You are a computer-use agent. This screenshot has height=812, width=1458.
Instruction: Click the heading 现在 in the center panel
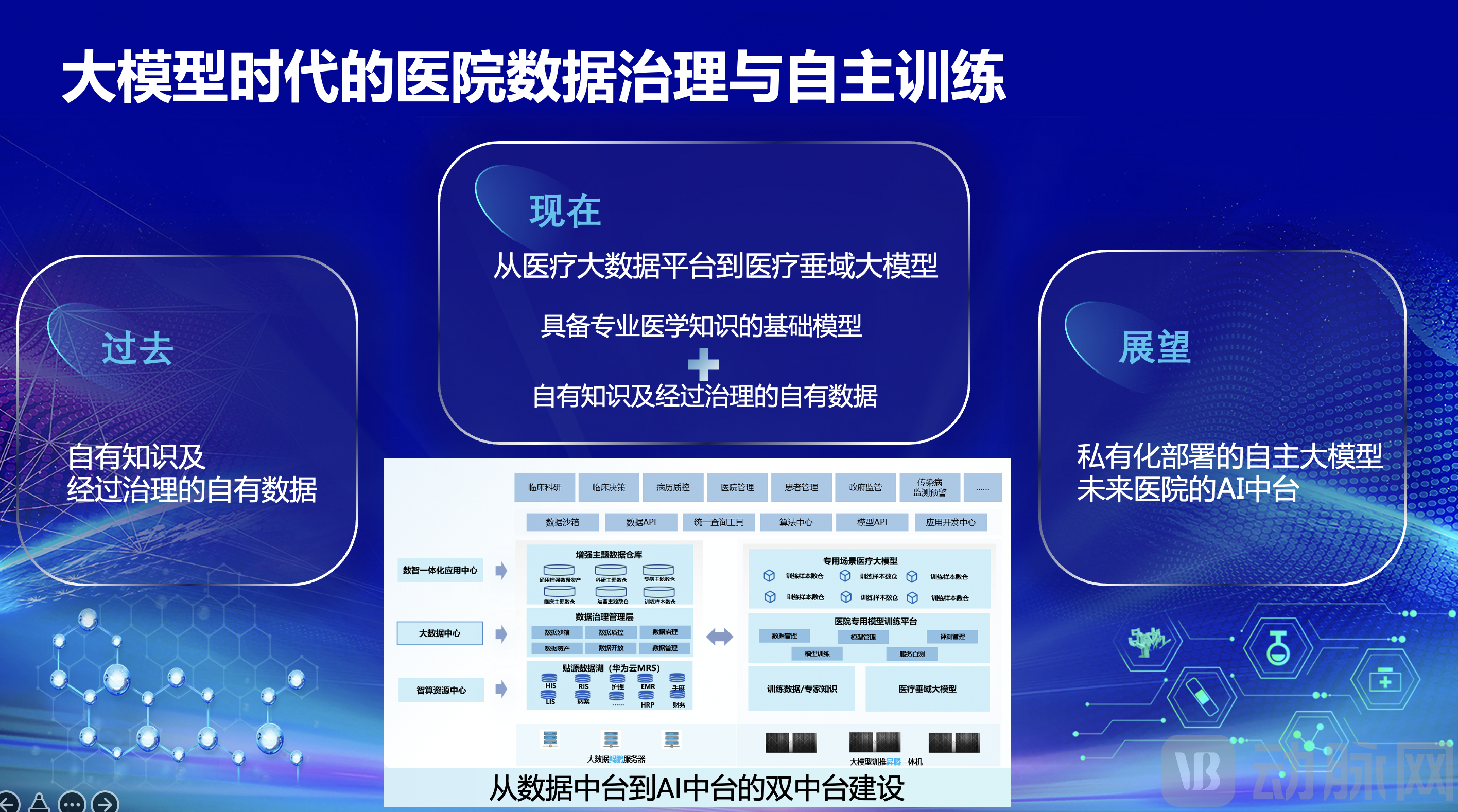coord(565,211)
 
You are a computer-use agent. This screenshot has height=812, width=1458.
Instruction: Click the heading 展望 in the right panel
coord(1155,347)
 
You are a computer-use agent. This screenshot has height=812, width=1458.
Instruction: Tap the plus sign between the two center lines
coord(704,364)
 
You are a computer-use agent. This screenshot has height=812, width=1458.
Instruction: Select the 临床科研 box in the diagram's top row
coord(545,487)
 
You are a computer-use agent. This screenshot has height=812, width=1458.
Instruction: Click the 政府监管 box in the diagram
coord(865,487)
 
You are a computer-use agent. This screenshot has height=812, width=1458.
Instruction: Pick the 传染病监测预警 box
coord(929,487)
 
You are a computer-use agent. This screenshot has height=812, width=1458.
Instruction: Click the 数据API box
coord(640,522)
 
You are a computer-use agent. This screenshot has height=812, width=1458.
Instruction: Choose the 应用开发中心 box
coord(950,522)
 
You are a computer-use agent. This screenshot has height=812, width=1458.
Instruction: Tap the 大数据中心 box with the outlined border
coord(440,633)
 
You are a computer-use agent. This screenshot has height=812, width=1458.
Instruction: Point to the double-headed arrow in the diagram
coord(719,637)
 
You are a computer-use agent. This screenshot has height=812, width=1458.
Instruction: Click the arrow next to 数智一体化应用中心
coord(501,570)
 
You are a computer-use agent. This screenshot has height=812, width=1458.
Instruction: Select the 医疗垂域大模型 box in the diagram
coord(927,689)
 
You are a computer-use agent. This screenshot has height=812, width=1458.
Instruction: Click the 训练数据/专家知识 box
coord(802,689)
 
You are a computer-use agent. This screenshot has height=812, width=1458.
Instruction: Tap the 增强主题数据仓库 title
coord(609,555)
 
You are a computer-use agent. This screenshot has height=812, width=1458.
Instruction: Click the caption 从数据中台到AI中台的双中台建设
coord(697,788)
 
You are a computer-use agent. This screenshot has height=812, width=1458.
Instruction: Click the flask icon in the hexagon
coord(1277,648)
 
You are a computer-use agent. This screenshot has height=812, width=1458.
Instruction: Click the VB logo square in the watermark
coord(1198,771)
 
